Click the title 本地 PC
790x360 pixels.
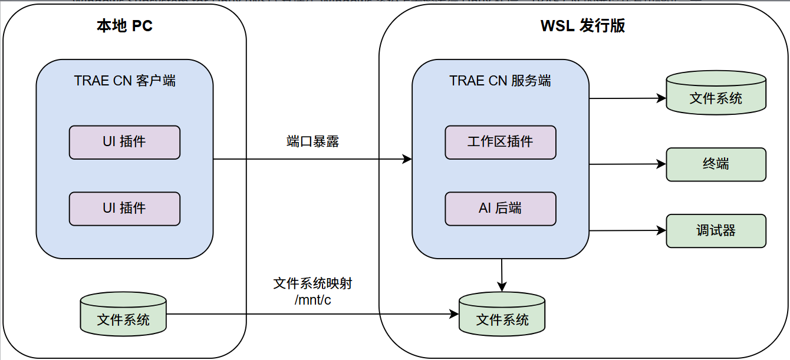(x=124, y=27)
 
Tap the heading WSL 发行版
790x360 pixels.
(x=582, y=27)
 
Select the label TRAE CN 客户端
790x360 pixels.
(x=124, y=81)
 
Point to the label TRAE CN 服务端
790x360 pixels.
(x=500, y=81)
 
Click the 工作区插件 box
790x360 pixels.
(x=500, y=142)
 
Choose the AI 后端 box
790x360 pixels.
(x=500, y=208)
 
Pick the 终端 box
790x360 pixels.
(x=716, y=164)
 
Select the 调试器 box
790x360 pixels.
(x=716, y=230)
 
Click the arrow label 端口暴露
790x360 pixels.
(x=312, y=142)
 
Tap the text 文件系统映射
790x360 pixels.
(x=312, y=283)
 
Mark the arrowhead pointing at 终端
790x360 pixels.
(x=662, y=164)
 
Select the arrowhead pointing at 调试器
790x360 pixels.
(x=662, y=231)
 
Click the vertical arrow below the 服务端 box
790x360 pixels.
(x=502, y=275)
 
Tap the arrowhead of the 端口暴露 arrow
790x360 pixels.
(x=407, y=159)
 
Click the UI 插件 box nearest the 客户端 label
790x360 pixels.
(x=124, y=142)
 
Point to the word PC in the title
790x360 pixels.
(x=142, y=27)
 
